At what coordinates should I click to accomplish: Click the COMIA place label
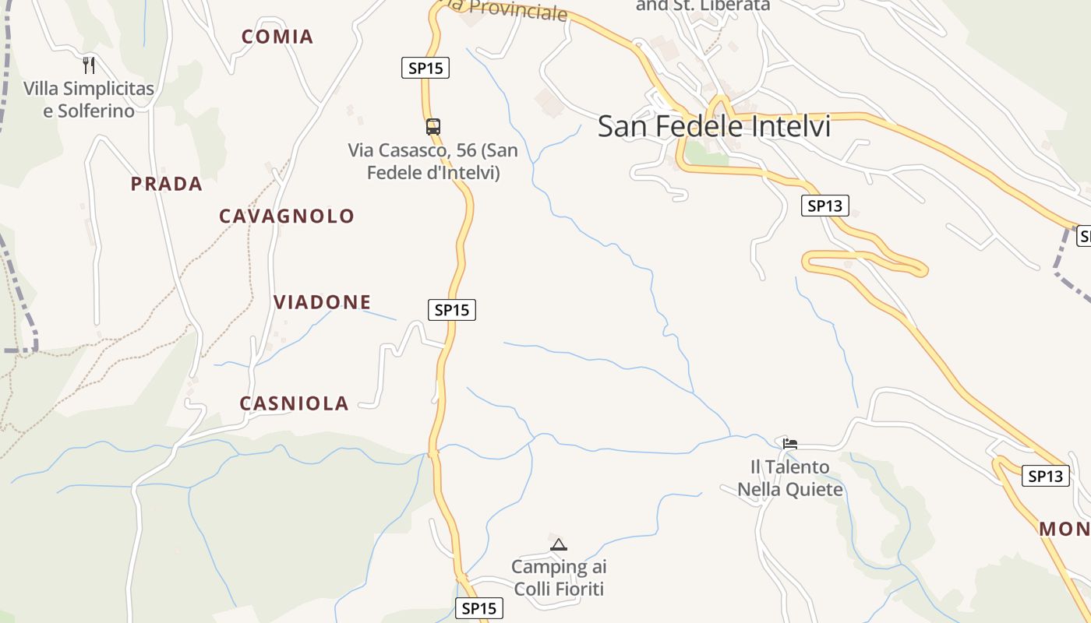[x=277, y=37]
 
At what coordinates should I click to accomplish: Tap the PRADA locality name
[x=166, y=184]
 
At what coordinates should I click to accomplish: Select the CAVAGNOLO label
[x=286, y=216]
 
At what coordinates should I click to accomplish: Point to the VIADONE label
[x=322, y=301]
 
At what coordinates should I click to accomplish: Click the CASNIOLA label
[x=294, y=403]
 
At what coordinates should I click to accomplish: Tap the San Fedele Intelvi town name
[x=714, y=126]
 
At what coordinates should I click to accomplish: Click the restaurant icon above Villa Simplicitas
[x=89, y=65]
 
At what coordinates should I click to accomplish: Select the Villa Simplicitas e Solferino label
[x=89, y=99]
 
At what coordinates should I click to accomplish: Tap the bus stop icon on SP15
[x=433, y=126]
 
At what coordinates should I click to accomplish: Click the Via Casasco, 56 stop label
[x=433, y=160]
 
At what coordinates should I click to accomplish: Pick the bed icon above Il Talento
[x=790, y=445]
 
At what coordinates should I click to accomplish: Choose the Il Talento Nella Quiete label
[x=790, y=478]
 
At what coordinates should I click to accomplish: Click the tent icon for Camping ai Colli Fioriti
[x=558, y=544]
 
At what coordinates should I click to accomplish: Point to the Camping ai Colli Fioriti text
[x=558, y=578]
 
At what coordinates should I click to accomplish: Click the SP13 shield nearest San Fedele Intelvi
[x=824, y=206]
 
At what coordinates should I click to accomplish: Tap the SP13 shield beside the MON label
[x=1045, y=476]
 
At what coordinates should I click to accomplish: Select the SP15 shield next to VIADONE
[x=452, y=310]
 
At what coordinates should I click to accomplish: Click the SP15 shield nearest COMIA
[x=425, y=68]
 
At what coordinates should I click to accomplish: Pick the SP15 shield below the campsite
[x=478, y=608]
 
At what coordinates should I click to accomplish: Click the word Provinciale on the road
[x=518, y=10]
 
